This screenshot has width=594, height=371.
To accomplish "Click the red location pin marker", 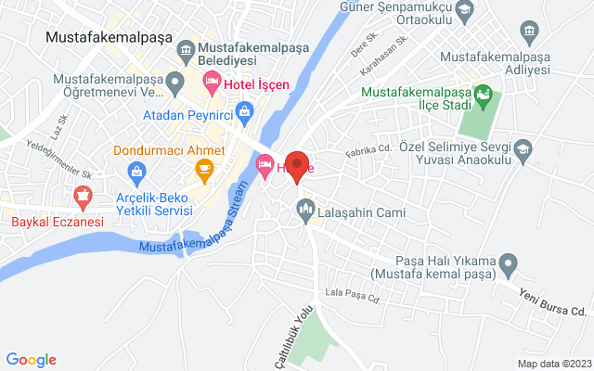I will click(x=298, y=166).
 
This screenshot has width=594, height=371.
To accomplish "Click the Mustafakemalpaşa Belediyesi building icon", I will click(x=186, y=47).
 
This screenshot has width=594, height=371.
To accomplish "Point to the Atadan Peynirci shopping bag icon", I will click(x=244, y=115).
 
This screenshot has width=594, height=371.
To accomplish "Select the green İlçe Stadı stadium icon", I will click(x=483, y=94).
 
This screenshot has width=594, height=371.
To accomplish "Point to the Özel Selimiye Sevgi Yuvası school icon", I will click(x=525, y=148).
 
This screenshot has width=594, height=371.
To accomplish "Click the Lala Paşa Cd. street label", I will click(x=352, y=296).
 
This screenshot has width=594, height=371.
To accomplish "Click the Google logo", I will click(x=31, y=360).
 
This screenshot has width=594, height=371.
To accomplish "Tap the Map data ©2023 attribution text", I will click(x=553, y=364).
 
